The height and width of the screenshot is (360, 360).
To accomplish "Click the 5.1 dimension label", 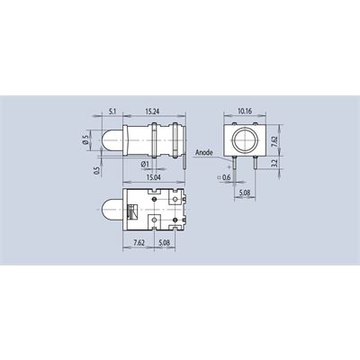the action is [x=112, y=112].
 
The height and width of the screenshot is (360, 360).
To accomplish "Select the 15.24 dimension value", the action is [x=152, y=112].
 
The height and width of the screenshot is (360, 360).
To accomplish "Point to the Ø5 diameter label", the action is [x=86, y=139].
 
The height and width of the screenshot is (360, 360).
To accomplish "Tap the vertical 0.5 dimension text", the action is [x=96, y=170].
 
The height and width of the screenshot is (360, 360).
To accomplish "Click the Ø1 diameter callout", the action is [x=145, y=164].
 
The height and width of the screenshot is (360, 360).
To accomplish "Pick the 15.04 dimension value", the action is [x=153, y=177].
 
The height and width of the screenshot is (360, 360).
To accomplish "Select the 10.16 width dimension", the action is [x=245, y=112].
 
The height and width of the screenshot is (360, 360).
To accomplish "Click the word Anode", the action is [x=204, y=153].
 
